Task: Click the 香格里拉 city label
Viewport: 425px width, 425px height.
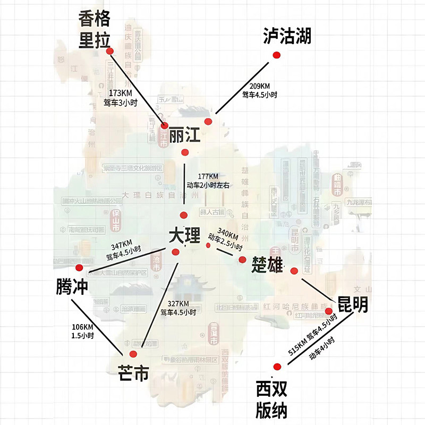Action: (x=94, y=30)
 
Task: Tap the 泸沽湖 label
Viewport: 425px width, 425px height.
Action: (x=287, y=36)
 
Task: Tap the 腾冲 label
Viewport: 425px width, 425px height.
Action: (x=71, y=287)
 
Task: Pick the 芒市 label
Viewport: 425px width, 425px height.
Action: (x=133, y=373)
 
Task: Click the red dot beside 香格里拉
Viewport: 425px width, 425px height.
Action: (x=110, y=52)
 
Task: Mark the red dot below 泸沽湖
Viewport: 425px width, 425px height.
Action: (x=276, y=55)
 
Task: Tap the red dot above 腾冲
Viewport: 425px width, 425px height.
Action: (x=79, y=267)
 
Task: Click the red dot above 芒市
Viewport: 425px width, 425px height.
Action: (x=133, y=354)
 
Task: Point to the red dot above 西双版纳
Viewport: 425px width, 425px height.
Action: (x=276, y=367)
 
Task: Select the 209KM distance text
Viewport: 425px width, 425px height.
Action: (x=260, y=86)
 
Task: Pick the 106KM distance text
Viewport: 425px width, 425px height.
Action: (x=82, y=327)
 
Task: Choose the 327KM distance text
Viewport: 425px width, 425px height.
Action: (x=178, y=303)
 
